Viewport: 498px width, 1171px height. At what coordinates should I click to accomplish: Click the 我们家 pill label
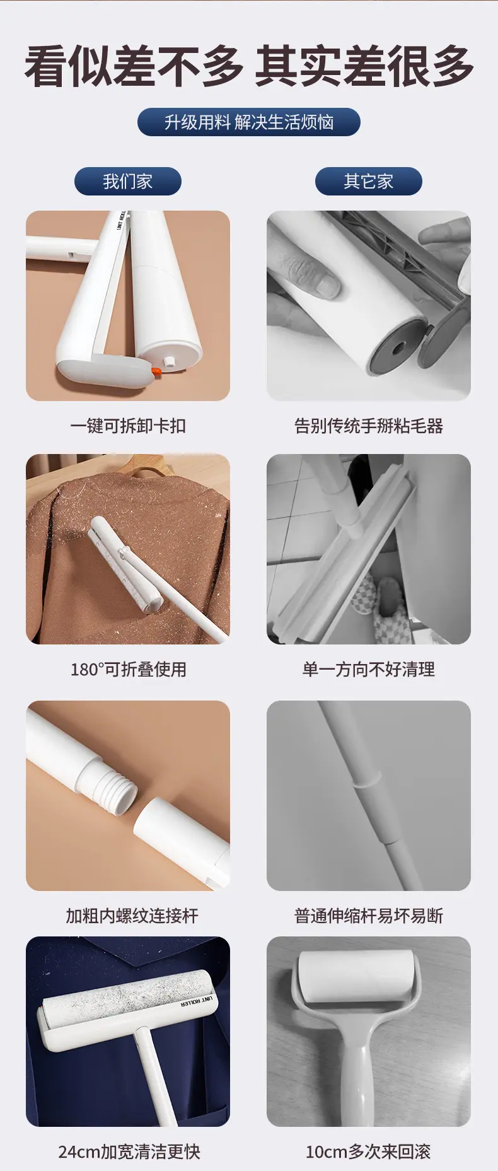coord(128,182)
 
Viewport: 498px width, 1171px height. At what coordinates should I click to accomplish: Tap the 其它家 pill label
coord(368,182)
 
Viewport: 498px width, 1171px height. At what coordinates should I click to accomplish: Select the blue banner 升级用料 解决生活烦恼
coord(249,122)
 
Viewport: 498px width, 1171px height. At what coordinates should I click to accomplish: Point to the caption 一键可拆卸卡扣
coord(128,426)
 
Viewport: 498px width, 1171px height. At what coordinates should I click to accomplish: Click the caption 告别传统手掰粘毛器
coord(369,426)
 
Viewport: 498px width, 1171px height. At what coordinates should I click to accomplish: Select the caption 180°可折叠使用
coord(128,669)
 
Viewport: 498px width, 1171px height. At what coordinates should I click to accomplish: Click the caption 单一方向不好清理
coord(369,669)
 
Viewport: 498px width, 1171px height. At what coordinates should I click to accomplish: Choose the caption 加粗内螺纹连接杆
coord(132,915)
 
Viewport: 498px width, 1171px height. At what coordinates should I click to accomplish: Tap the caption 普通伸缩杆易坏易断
coord(369,915)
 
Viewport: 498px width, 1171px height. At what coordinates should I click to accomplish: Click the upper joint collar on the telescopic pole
coord(366,781)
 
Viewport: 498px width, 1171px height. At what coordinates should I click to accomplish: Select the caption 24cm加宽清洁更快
coord(129,1151)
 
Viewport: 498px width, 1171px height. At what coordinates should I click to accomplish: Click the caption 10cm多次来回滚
coord(369,1151)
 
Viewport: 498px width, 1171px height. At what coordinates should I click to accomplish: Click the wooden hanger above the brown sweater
coord(151,467)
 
